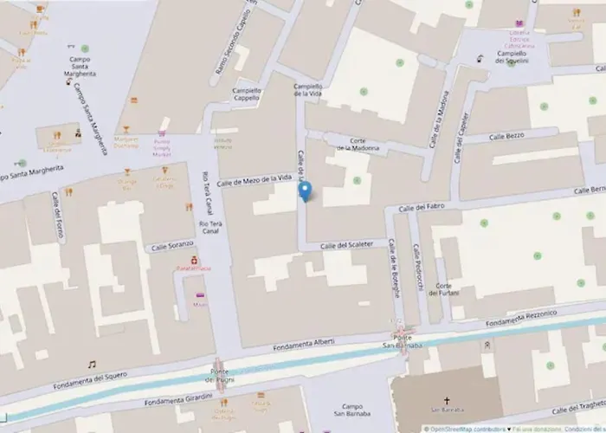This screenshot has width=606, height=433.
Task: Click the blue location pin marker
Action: [x=304, y=192]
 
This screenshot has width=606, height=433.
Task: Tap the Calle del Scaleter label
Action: [x=346, y=245]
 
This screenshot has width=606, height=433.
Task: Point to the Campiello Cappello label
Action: [x=246, y=94]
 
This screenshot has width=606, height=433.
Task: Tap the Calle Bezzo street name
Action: [x=507, y=136]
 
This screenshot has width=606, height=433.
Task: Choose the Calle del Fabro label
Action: [x=421, y=208]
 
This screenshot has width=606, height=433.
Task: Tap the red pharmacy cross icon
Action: [x=196, y=258]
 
